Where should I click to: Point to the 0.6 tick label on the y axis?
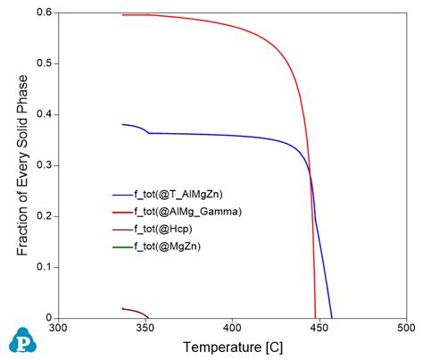[40, 13]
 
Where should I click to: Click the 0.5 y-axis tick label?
[40, 63]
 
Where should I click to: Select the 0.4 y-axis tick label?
[40, 114]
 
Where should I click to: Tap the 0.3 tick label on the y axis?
[40, 165]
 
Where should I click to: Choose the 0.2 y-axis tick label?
[40, 216]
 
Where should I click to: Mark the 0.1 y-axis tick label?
[40, 267]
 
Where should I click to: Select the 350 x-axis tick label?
[145, 329]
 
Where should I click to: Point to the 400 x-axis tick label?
[232, 329]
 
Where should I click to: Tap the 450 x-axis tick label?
[319, 329]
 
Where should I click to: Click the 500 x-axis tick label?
[405, 329]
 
